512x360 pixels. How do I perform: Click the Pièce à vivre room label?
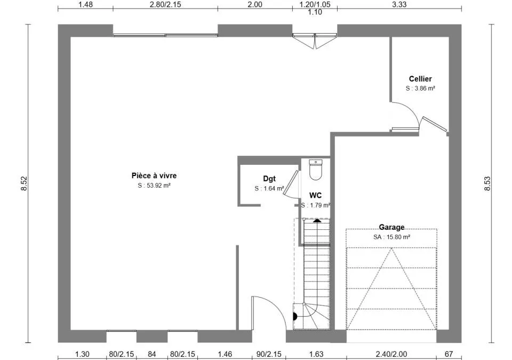[154, 176]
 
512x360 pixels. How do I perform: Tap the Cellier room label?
[420, 79]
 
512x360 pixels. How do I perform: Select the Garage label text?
[391, 227]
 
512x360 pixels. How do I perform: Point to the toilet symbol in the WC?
[315, 170]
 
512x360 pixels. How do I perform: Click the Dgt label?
[269, 179]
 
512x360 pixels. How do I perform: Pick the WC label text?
[315, 195]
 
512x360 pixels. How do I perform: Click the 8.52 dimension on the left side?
[25, 183]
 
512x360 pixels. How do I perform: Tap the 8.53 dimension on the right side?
[487, 183]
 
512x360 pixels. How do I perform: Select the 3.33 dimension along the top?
[399, 5]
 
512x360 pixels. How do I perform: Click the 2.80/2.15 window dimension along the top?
[165, 5]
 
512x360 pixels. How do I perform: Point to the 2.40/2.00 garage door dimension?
[391, 354]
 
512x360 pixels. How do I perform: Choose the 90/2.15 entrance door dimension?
[269, 354]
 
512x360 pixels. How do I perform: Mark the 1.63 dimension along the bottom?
[316, 354]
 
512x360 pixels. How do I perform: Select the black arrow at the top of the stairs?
[317, 221]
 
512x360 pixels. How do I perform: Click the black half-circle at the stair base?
[295, 317]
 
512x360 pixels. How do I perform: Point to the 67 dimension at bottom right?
[449, 354]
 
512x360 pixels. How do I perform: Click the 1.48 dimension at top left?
[85, 5]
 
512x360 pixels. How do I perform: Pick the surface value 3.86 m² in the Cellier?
[425, 89]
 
